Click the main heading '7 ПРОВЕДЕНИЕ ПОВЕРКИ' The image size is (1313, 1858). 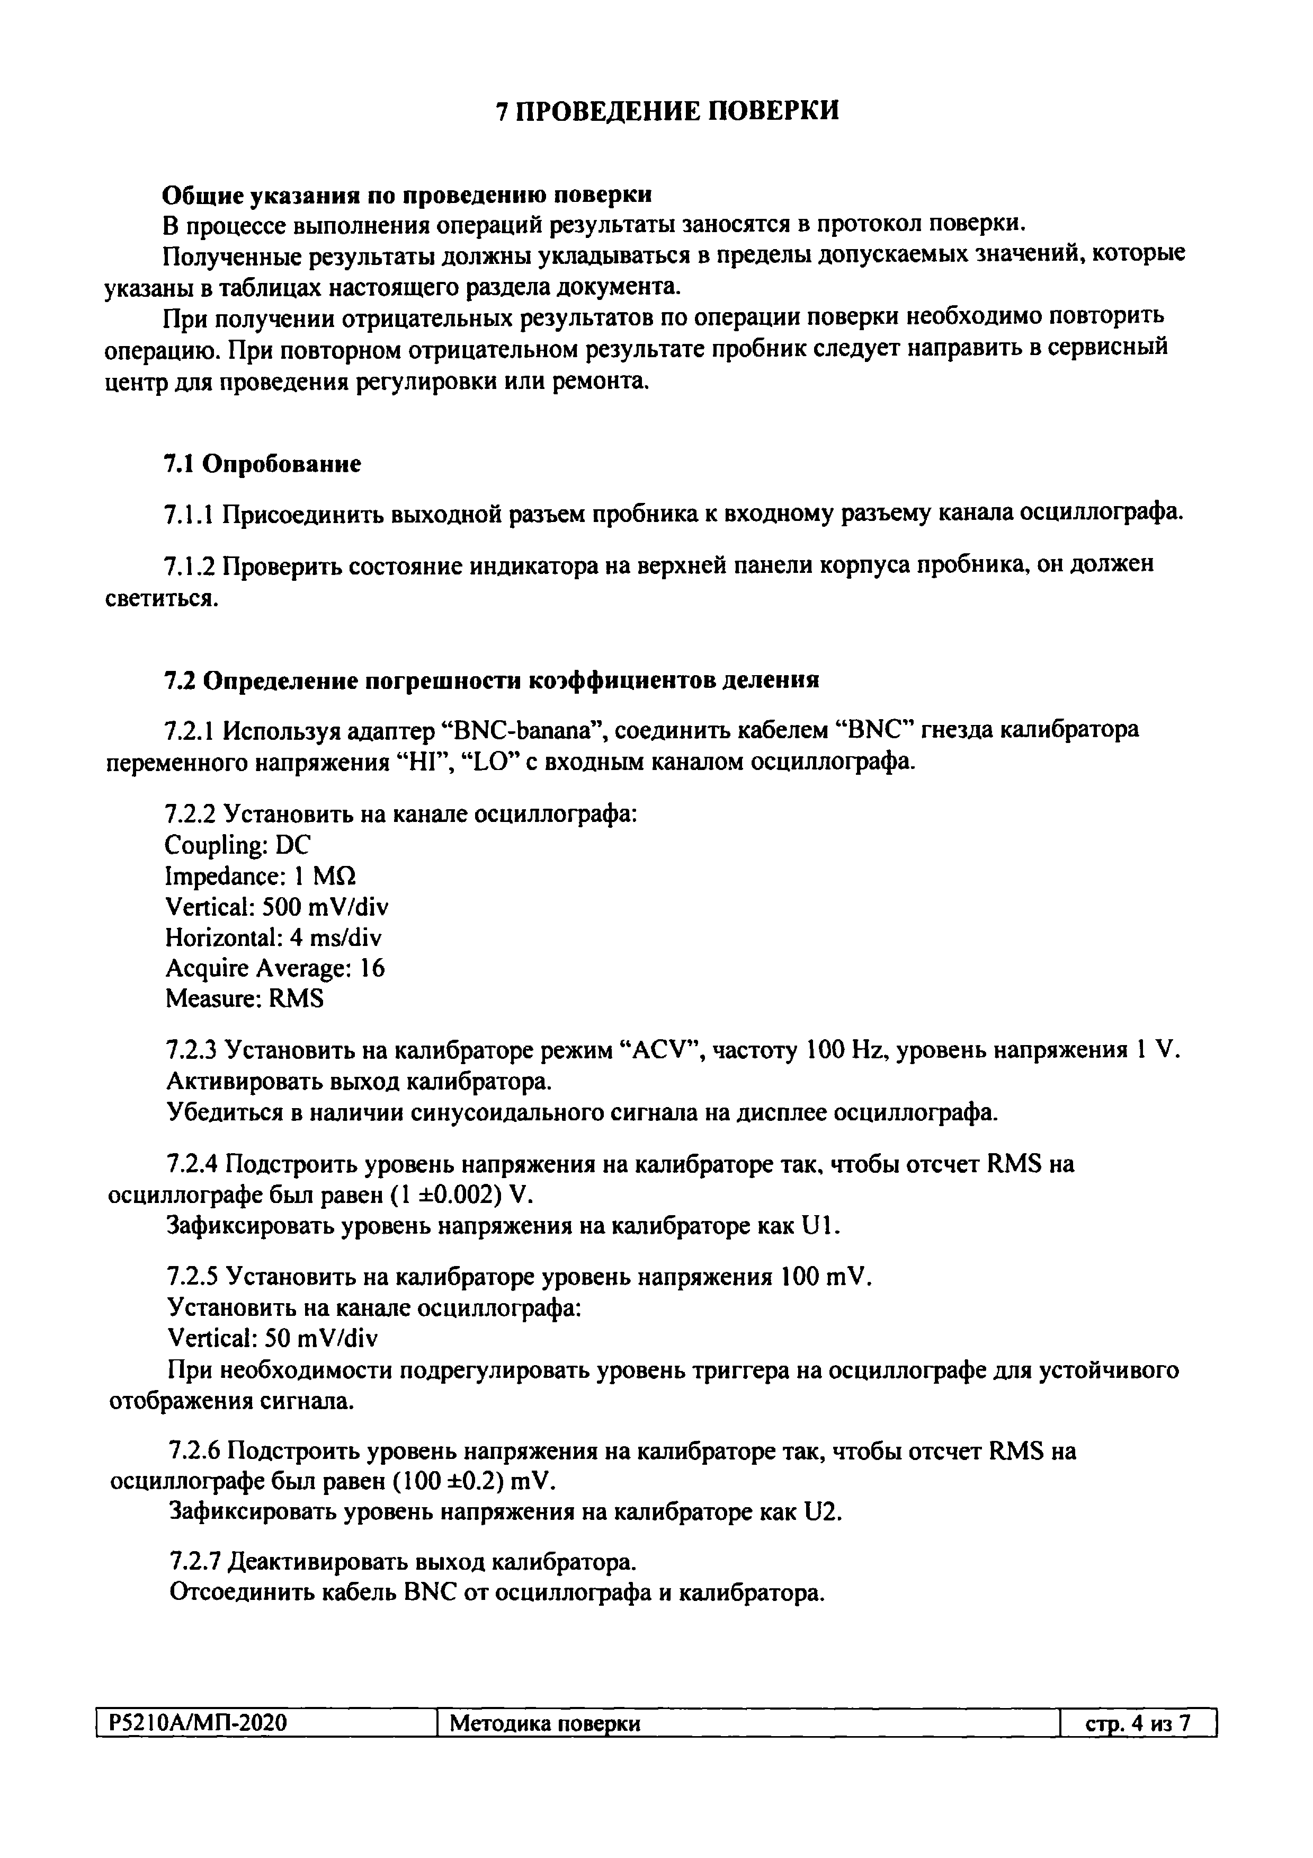pos(667,111)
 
